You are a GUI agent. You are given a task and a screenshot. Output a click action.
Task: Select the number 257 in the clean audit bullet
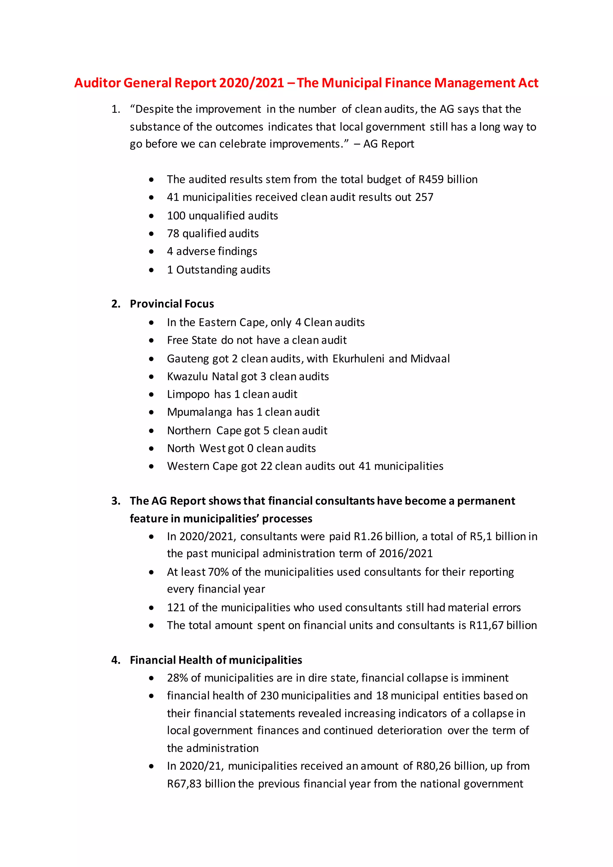point(424,197)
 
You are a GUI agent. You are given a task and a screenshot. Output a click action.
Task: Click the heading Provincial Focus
point(172,304)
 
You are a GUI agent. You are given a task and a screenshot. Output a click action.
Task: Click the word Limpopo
point(188,394)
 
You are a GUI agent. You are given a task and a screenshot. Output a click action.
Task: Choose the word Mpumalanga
point(199,412)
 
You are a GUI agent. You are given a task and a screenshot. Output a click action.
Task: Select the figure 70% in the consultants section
point(218,572)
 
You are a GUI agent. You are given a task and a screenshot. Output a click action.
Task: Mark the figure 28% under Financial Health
point(177,678)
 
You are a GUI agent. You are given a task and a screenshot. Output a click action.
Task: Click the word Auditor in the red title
point(97,83)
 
